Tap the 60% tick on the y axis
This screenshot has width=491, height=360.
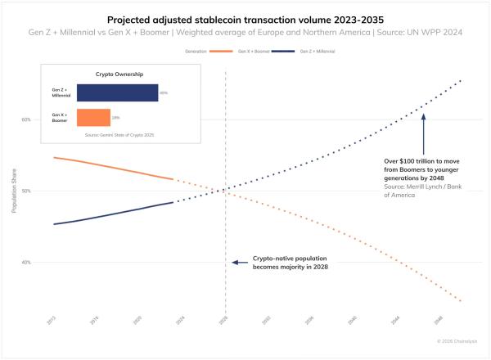[26, 119]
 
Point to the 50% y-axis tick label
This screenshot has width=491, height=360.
[26, 191]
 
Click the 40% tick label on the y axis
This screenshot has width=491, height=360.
[26, 263]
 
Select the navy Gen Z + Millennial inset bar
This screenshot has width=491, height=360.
[117, 92]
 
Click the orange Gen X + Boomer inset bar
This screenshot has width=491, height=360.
[93, 118]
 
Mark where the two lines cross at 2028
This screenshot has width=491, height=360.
[225, 191]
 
